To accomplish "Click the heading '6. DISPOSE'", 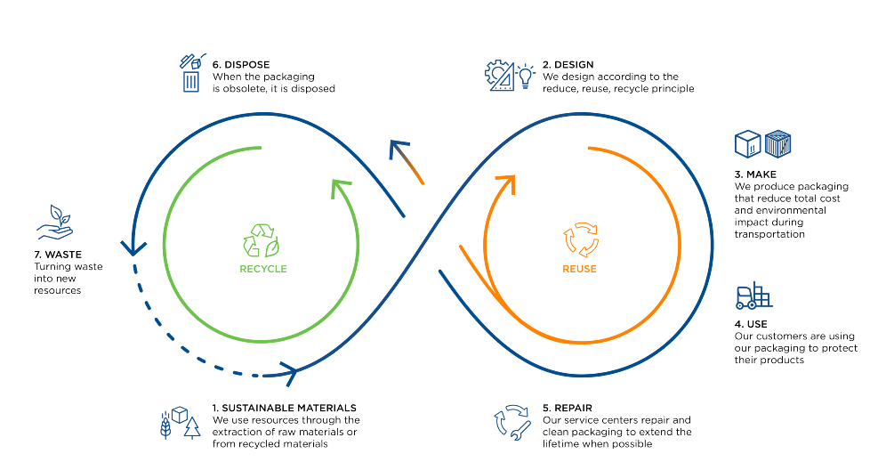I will coord(241,65).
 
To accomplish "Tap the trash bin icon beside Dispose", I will coord(190,82).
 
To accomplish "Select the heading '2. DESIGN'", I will coord(568,65).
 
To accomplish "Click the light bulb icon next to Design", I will coord(526,75).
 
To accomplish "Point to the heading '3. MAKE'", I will coord(755,174).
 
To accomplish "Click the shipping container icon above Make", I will coord(777,144).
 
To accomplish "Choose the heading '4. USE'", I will coord(751,324).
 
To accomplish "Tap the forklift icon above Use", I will coord(753,296).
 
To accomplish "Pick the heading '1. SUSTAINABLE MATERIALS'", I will coord(284,409).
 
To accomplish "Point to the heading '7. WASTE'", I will coord(57,255).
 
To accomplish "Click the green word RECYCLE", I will coord(263,269).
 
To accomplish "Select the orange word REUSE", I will coord(579,269).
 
